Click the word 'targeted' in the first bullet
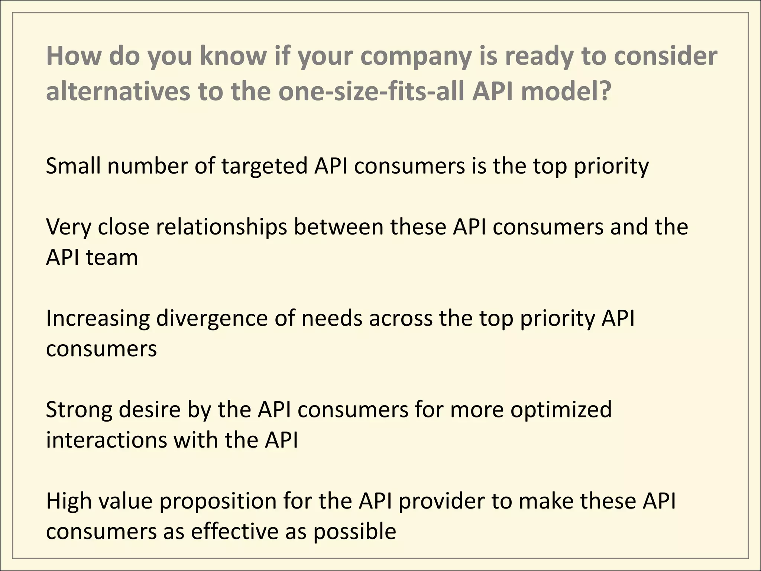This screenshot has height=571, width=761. click(264, 167)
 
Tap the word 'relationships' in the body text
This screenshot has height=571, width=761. click(221, 227)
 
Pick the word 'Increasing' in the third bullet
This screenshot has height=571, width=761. click(98, 319)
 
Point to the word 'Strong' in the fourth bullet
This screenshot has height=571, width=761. click(79, 410)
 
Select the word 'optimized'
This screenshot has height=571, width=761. click(561, 410)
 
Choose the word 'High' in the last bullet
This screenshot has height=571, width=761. click(69, 501)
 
